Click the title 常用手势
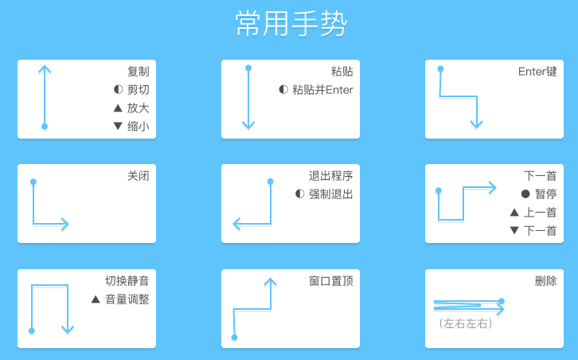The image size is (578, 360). coord(291,24)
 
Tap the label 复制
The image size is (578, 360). coord(139,71)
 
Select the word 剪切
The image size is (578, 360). coord(139,90)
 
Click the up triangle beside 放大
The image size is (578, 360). coord(118,108)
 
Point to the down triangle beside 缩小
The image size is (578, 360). coord(118,126)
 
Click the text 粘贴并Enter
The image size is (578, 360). coord(322,90)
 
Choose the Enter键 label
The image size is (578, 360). coord(537,71)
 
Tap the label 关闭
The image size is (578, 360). coord(139,176)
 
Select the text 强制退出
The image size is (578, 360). coord(330,194)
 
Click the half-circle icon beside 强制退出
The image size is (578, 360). coord(299,194)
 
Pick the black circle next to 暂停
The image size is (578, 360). coord(525,194)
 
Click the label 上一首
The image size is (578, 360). coord(540,213)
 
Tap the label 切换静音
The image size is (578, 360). coord(127,281)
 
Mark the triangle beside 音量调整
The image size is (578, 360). coord(96,299)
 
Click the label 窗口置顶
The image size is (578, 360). coord(331,281)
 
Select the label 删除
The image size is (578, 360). coord(546,281)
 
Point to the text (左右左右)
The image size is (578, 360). coord(466,323)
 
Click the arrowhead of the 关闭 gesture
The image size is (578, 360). coord(65,224)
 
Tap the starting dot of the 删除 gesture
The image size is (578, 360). coord(502,301)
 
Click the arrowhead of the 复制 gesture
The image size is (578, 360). coord(45,70)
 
